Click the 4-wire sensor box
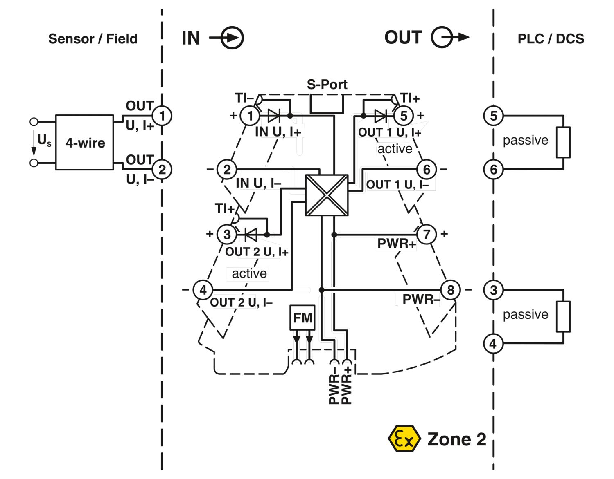pos(85,142)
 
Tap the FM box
pos(302,318)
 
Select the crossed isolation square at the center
pos(327,195)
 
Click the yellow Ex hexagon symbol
pos(404,439)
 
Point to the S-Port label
pos(327,85)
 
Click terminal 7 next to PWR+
pos(427,234)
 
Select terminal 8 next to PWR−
pos(450,290)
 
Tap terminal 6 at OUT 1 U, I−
pos(427,169)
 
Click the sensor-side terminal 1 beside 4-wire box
pos(162,116)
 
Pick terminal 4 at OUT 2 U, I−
pos(203,290)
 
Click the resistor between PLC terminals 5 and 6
pos(563,142)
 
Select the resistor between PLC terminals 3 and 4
pos(563,317)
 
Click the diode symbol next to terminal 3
pos(250,235)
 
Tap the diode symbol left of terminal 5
pos(380,116)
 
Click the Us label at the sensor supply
pos(44,141)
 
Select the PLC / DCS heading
pos(551,39)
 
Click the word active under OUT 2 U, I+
pos(249,273)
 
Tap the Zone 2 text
pos(456,439)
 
